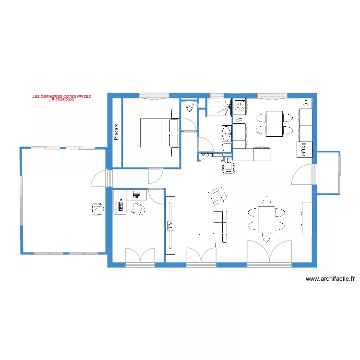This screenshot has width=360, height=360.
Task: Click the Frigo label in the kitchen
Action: [x=303, y=150]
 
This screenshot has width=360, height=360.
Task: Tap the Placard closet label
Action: [x=116, y=132]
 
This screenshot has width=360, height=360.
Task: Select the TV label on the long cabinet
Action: [x=170, y=226]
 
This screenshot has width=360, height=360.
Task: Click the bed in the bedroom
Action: [x=159, y=133]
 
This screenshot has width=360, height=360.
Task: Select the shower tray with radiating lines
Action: [x=219, y=108]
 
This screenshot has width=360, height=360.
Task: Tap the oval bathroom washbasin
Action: [x=226, y=132]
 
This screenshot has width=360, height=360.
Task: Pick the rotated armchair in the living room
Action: [x=217, y=195]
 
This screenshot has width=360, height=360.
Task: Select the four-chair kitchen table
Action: [x=275, y=123]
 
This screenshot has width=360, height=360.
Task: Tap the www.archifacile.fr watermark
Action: [x=330, y=278]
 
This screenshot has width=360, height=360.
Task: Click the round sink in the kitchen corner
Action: [x=306, y=103]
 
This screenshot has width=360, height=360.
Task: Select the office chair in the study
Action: [x=138, y=209]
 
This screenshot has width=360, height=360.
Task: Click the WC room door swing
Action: [x=189, y=125]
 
